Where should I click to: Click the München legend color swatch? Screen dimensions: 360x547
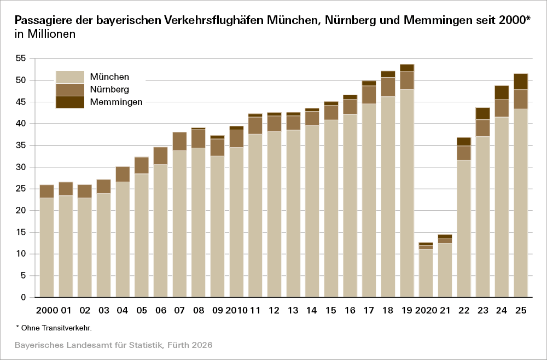(x=70, y=77)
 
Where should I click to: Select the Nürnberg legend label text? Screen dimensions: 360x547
(x=109, y=89)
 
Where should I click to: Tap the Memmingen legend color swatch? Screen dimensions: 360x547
(x=70, y=102)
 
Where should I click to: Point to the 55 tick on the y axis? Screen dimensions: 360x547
(x=21, y=59)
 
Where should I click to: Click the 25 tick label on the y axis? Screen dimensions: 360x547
(x=21, y=189)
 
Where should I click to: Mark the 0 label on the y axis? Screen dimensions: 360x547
(x=24, y=298)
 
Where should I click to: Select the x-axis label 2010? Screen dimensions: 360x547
(x=236, y=311)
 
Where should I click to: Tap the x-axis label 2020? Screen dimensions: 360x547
(x=426, y=311)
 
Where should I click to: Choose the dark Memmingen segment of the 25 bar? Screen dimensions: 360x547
(x=521, y=81)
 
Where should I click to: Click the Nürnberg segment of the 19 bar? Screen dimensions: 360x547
(x=407, y=80)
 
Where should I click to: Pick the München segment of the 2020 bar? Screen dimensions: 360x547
(x=426, y=273)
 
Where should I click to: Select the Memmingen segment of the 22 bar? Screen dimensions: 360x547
(x=464, y=142)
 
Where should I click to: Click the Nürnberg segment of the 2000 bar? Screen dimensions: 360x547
(x=46, y=191)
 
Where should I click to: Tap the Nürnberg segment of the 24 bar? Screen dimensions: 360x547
(x=502, y=108)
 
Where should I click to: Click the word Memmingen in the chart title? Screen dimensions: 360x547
(x=438, y=20)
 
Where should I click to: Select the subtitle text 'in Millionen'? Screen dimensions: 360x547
(x=45, y=34)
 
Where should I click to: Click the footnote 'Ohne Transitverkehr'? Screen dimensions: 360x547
(x=55, y=328)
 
